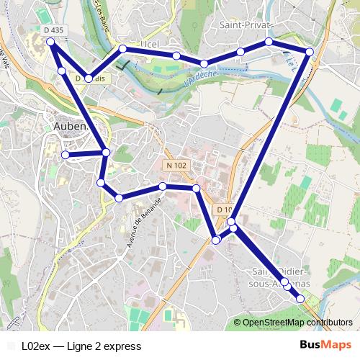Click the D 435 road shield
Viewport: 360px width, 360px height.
pyautogui.click(x=54, y=30)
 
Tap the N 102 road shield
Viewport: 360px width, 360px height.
pyautogui.click(x=176, y=165)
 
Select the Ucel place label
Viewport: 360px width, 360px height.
pyautogui.click(x=150, y=43)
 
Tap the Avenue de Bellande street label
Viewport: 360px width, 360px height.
pyautogui.click(x=142, y=222)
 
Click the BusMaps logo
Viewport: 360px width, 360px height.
pyautogui.click(x=326, y=345)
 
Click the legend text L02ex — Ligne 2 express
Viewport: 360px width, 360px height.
pyautogui.click(x=81, y=346)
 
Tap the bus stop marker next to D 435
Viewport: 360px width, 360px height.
pyautogui.click(x=51, y=42)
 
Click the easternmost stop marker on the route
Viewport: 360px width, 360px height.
pyautogui.click(x=310, y=52)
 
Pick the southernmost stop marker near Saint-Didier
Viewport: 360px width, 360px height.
pyautogui.click(x=300, y=298)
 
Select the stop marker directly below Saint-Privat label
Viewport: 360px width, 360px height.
pyautogui.click(x=269, y=42)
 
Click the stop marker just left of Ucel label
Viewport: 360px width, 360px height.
pyautogui.click(x=122, y=48)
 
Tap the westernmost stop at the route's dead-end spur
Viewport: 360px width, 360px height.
pyautogui.click(x=65, y=155)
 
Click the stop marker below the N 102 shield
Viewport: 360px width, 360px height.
pyautogui.click(x=163, y=186)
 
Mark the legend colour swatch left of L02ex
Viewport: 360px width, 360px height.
pyautogui.click(x=11, y=346)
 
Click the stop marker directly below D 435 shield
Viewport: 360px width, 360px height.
pyautogui.click(x=62, y=71)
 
